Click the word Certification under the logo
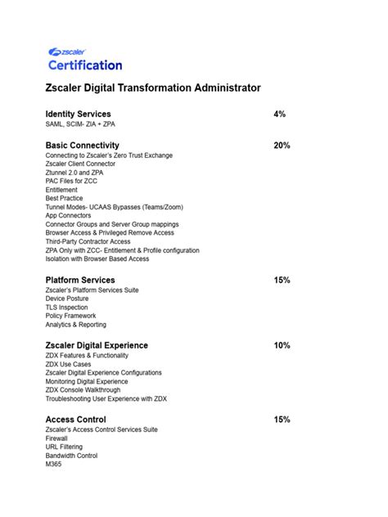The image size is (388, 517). (85, 65)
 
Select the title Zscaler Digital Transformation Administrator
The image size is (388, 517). (153, 88)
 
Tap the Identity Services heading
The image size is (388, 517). (78, 114)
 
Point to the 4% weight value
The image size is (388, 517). (280, 114)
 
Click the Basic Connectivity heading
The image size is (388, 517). (83, 145)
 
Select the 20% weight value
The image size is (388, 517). (282, 145)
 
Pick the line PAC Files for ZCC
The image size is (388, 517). (71, 181)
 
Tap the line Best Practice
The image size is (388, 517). (64, 198)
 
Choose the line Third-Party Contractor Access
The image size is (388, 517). (88, 241)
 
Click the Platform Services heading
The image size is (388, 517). (80, 280)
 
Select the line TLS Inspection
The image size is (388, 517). (67, 307)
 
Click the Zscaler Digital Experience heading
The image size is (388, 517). (97, 345)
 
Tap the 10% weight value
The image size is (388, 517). (282, 345)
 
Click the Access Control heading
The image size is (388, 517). (75, 420)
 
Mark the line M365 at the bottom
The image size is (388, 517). (54, 465)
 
